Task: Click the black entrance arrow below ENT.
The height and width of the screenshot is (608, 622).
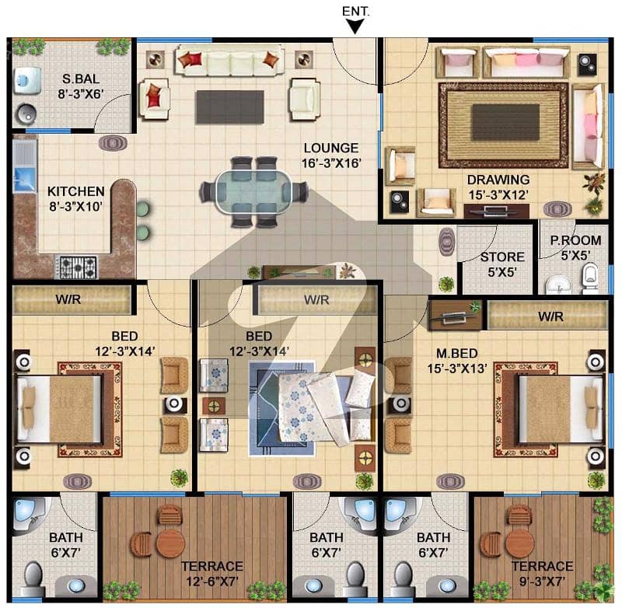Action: (355, 26)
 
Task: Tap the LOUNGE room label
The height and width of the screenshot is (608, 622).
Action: (331, 148)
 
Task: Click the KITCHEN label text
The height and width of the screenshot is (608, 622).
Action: (75, 191)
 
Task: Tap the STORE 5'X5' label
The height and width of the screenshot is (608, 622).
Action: (502, 264)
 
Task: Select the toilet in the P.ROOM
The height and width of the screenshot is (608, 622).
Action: (590, 278)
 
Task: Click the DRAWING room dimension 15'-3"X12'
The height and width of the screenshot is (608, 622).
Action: (498, 194)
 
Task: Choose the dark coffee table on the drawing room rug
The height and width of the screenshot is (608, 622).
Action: (505, 122)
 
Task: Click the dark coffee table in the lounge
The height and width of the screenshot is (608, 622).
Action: (230, 107)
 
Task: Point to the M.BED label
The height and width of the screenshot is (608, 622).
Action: (456, 354)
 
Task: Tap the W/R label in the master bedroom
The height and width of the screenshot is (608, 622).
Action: (550, 316)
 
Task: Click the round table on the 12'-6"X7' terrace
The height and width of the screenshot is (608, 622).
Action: (170, 543)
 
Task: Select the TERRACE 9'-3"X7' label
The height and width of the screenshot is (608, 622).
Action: (542, 574)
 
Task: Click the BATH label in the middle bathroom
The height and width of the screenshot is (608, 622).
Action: (326, 538)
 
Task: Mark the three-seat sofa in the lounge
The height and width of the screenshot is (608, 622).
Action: (230, 61)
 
